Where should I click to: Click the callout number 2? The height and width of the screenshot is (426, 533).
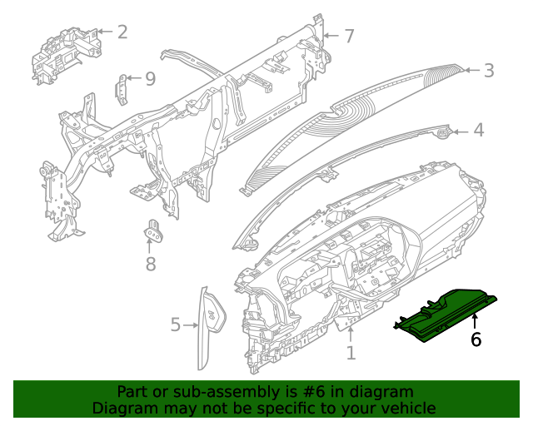[122, 32]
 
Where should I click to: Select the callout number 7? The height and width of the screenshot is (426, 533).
[349, 36]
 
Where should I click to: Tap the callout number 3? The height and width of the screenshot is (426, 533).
[489, 71]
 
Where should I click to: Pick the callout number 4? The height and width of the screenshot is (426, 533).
[478, 131]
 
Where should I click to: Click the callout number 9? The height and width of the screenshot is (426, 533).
[150, 78]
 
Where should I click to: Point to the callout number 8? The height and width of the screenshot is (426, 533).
[151, 265]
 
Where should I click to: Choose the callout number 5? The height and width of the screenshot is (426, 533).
[175, 324]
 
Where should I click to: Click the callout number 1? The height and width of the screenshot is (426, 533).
[351, 353]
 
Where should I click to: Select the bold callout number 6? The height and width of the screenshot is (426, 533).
[476, 339]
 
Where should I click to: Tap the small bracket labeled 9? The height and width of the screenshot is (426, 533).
[122, 87]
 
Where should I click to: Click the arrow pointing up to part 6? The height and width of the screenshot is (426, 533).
[476, 322]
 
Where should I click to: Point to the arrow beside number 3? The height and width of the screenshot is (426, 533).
[471, 71]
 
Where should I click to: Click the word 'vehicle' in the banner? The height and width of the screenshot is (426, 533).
[408, 408]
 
